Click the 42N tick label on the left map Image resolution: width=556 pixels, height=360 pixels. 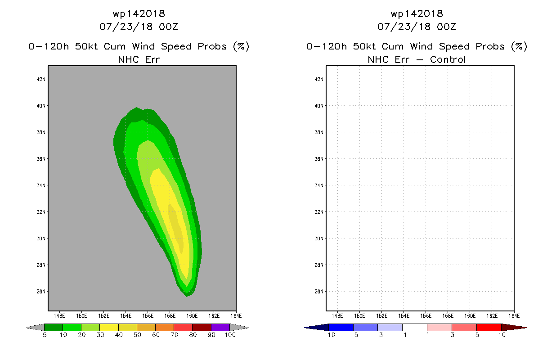[x=41, y=79]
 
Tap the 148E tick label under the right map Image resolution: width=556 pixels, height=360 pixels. [x=337, y=316]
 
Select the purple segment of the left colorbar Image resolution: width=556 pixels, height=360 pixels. [x=220, y=327]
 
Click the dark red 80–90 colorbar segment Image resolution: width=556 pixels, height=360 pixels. [x=202, y=327]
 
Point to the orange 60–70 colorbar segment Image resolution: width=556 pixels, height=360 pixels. [x=165, y=327]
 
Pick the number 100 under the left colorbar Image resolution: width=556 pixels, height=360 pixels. [x=230, y=335]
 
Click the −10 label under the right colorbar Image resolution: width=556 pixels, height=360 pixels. [x=329, y=335]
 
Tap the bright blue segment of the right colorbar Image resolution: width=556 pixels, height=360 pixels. [x=341, y=327]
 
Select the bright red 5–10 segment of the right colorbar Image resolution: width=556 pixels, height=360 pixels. [x=489, y=327]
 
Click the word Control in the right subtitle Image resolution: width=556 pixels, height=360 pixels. [x=448, y=59]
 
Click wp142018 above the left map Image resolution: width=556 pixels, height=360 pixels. [x=139, y=14]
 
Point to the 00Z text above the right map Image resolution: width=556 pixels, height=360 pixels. [x=446, y=27]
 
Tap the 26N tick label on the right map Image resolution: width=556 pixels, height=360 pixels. [x=319, y=292]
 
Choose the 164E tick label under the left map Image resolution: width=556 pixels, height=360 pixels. [x=236, y=316]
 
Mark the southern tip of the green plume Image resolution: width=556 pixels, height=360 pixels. [x=187, y=297]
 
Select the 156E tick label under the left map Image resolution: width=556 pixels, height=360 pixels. [x=148, y=316]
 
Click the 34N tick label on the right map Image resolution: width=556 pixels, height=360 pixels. [x=319, y=185]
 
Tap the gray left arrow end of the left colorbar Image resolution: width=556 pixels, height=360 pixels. [x=35, y=328]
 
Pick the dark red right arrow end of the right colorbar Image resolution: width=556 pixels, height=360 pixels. [x=514, y=328]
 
